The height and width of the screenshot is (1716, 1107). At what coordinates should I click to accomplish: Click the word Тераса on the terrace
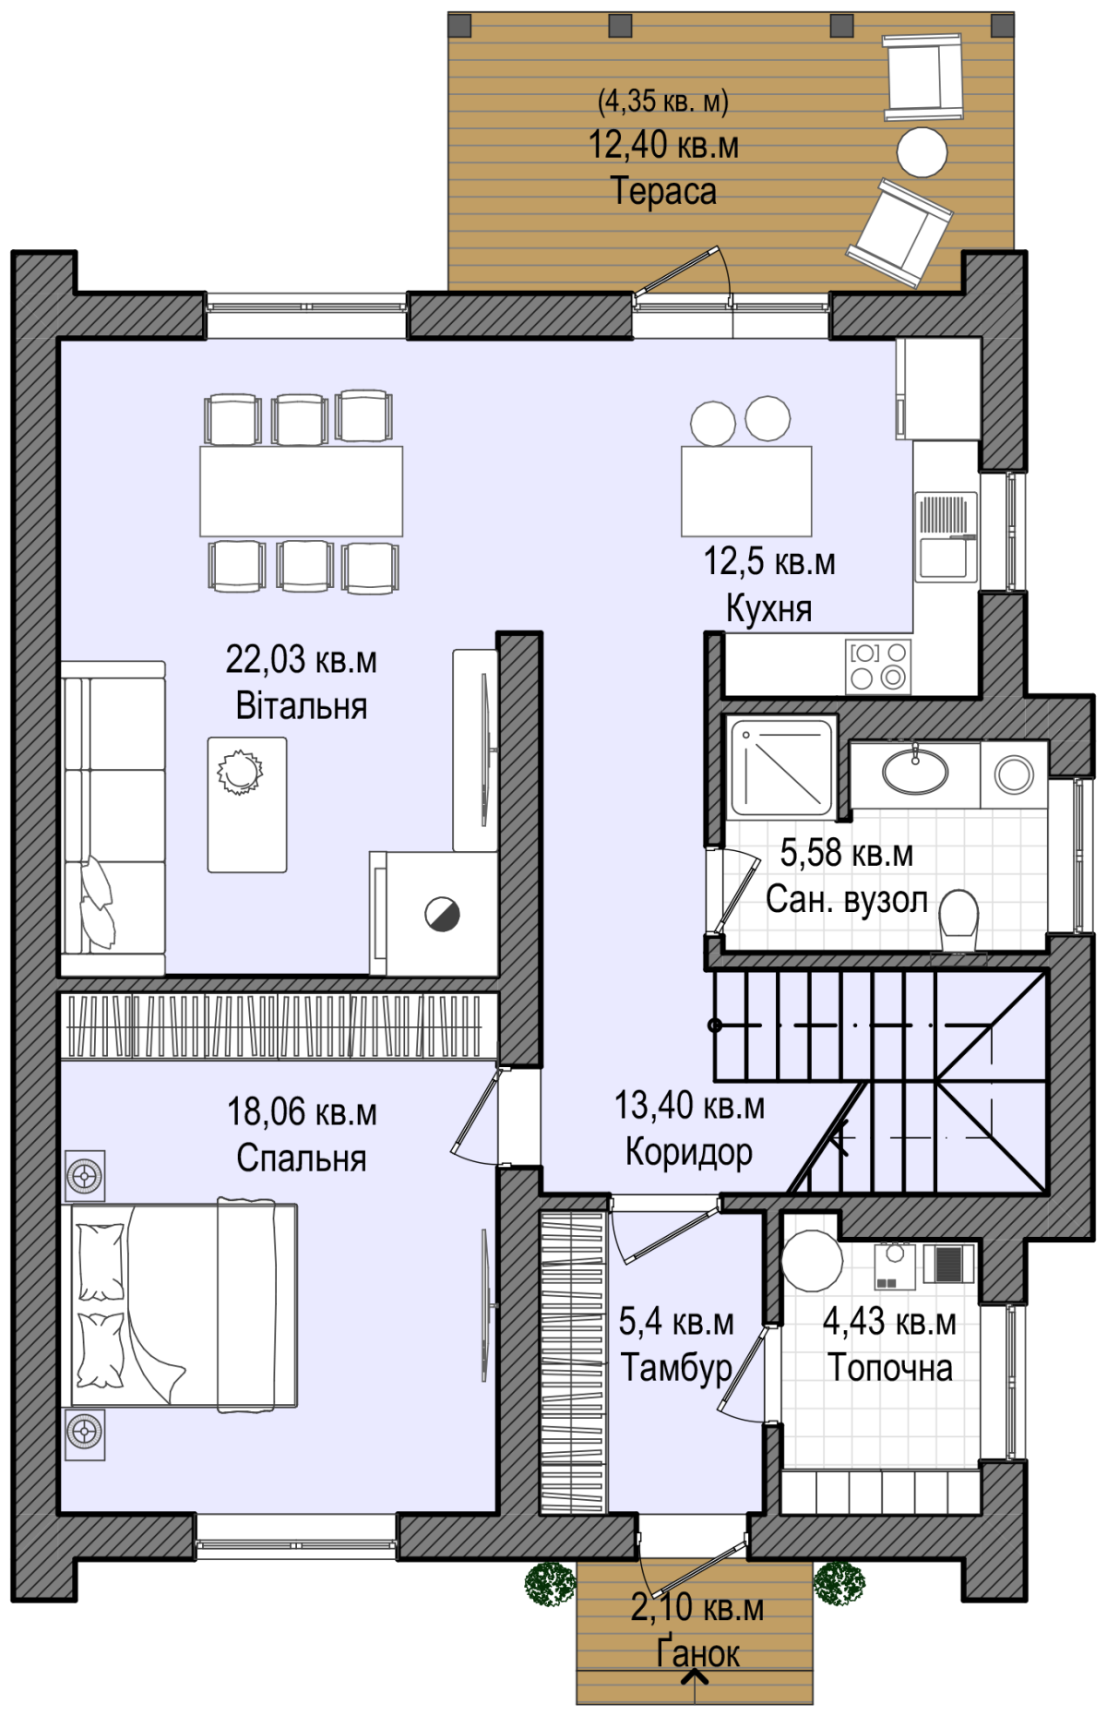[663, 191]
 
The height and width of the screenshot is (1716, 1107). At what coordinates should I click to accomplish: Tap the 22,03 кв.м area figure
[302, 659]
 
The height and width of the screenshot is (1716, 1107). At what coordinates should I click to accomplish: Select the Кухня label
[769, 608]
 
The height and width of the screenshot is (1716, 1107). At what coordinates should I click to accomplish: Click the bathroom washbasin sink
[915, 771]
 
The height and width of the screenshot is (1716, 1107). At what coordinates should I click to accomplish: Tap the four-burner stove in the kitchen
[877, 666]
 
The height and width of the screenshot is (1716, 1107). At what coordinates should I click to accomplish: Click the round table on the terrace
[922, 152]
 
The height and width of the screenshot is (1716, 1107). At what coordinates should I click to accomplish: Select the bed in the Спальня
[184, 1305]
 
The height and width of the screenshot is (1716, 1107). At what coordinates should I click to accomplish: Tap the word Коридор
[689, 1152]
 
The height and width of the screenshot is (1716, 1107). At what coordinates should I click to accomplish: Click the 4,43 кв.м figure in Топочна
[889, 1321]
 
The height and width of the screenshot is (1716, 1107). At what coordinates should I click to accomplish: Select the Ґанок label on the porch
[697, 1653]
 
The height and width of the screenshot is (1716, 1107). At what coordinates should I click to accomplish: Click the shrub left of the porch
[551, 1583]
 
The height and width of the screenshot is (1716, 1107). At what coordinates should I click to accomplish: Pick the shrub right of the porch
[839, 1582]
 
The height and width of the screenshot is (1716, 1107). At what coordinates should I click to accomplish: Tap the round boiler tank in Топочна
[812, 1261]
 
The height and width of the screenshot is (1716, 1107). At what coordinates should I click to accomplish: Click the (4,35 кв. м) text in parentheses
[663, 100]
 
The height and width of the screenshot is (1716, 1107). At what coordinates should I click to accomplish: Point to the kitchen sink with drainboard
[946, 537]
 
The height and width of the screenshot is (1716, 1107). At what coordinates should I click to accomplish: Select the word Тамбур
[676, 1367]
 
